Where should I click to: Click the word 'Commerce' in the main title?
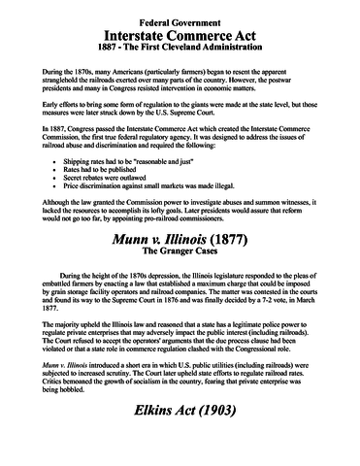[x=182, y=35]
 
